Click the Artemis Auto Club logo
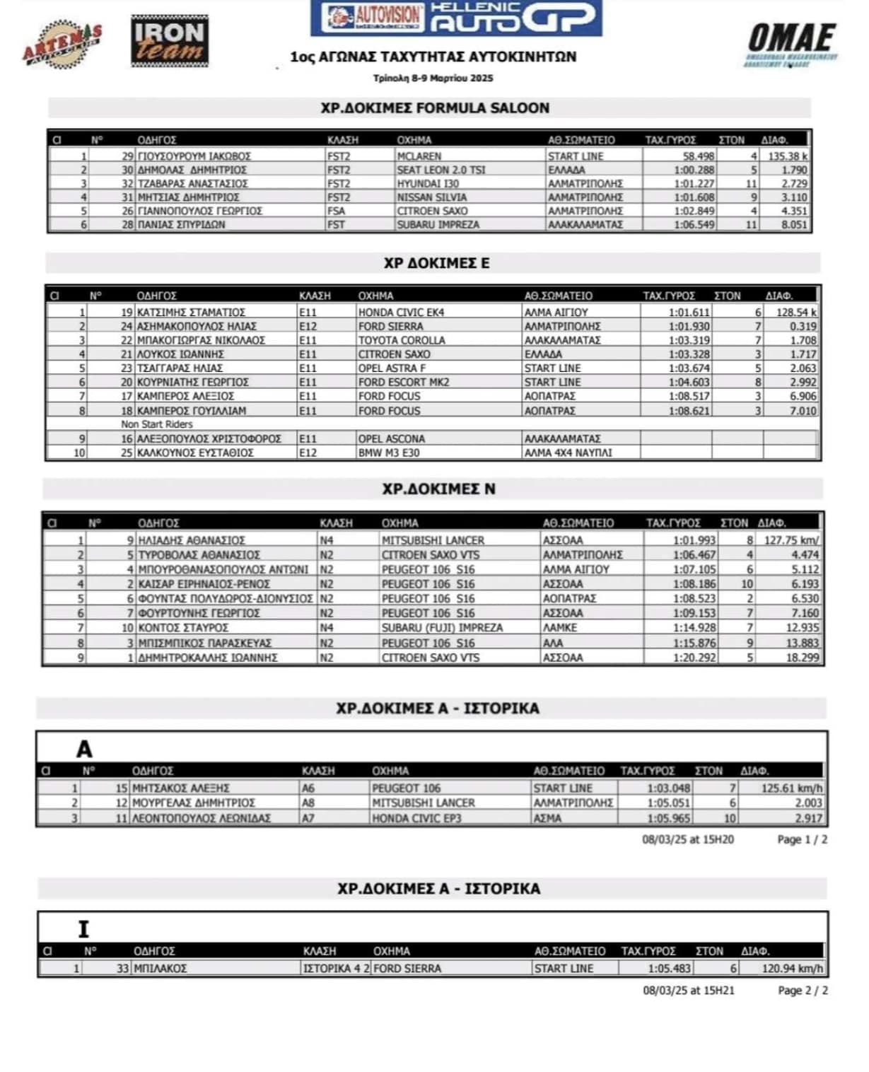click(62, 44)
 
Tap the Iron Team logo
click(170, 41)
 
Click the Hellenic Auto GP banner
click(456, 17)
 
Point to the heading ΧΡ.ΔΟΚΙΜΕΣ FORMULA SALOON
click(435, 108)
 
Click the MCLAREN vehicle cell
click(419, 156)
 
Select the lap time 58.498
click(698, 156)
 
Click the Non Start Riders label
click(157, 424)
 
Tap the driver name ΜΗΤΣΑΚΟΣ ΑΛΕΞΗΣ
click(181, 788)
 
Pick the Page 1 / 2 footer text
click(802, 840)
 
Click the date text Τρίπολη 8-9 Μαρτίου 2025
click(433, 78)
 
